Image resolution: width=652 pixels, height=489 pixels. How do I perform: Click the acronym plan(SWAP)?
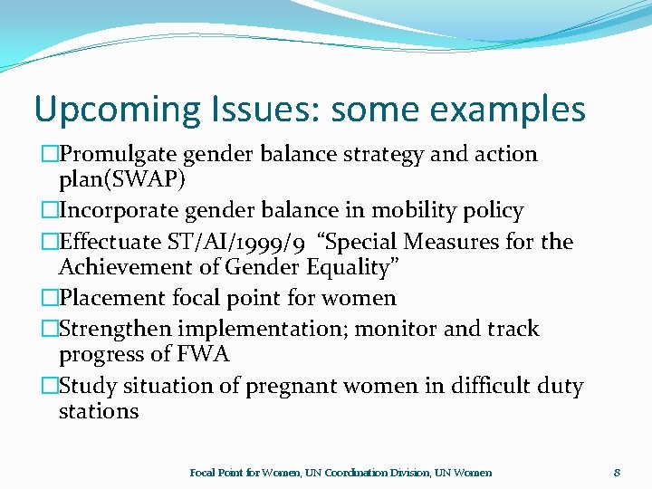pos(121,179)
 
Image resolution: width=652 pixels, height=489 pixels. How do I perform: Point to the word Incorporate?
pos(120,212)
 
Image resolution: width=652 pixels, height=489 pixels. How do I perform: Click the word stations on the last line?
pos(99,411)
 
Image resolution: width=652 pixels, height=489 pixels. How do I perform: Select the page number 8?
pos(617,472)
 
